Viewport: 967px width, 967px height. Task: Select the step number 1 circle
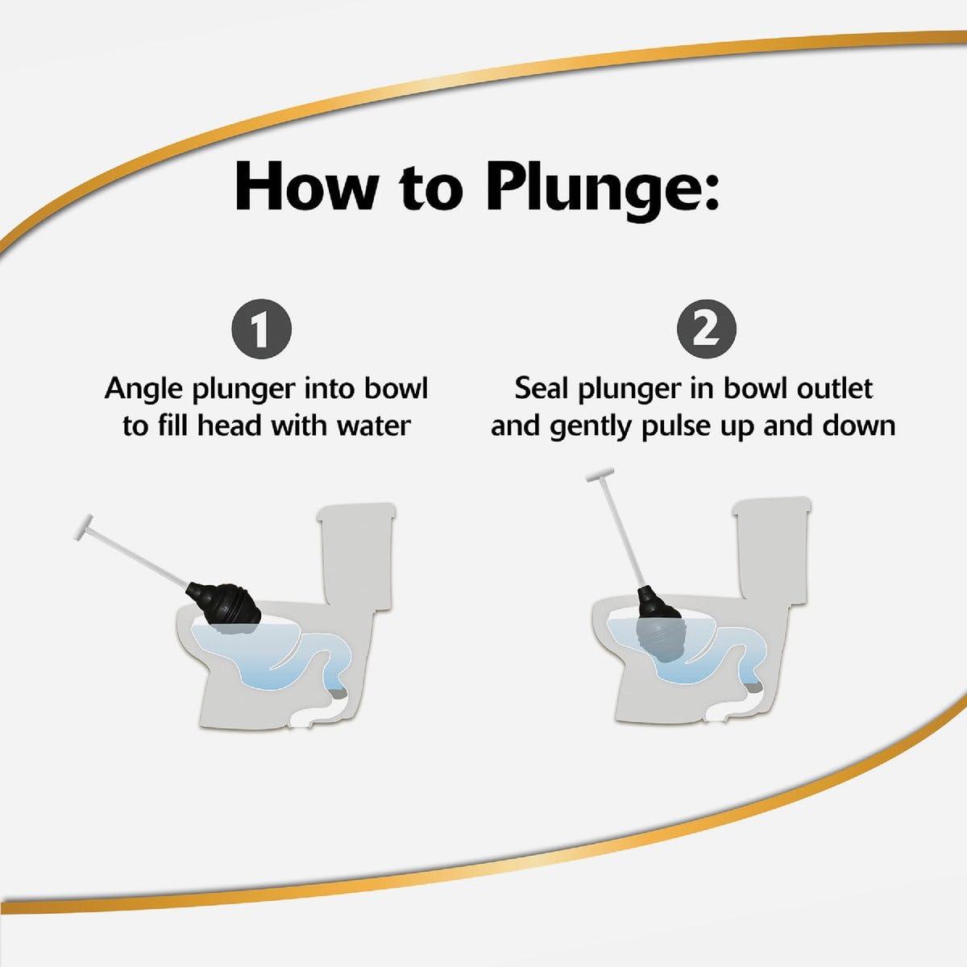click(261, 329)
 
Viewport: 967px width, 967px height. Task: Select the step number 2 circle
click(707, 329)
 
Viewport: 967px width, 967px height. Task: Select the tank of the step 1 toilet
click(356, 554)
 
